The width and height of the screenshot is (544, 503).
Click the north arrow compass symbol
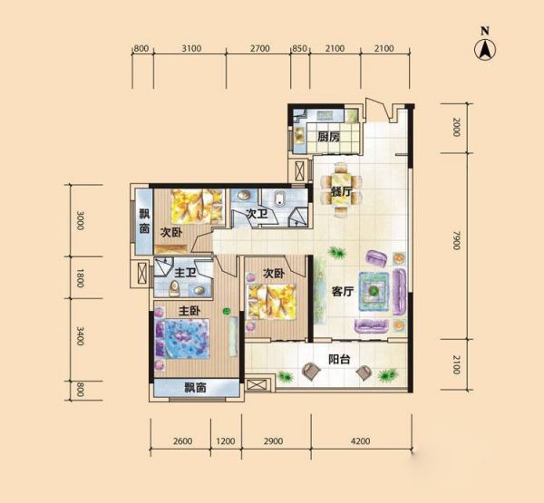(x=485, y=49)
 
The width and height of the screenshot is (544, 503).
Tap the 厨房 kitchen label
(x=328, y=137)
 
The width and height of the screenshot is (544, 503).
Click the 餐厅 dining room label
(x=342, y=191)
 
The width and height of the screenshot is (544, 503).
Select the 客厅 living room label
(x=343, y=292)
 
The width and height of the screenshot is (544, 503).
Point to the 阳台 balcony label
(x=339, y=360)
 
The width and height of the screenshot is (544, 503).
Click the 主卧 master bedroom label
(x=189, y=311)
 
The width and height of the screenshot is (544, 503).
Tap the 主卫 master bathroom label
(x=185, y=273)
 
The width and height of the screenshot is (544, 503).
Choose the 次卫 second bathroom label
(x=257, y=214)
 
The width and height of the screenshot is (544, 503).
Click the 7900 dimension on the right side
(x=457, y=240)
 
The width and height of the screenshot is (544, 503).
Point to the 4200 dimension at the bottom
(x=361, y=441)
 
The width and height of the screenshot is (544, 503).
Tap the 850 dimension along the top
(x=300, y=49)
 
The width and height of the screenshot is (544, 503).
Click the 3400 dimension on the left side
(x=80, y=336)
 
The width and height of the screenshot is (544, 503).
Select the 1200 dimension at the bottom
(x=226, y=441)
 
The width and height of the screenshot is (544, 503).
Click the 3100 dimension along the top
(x=191, y=49)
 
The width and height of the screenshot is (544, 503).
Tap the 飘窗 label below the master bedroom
(x=195, y=388)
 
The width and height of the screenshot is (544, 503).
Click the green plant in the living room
(x=337, y=253)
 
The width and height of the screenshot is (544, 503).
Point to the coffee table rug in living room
(x=374, y=290)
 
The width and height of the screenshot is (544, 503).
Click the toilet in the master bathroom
(x=174, y=288)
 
